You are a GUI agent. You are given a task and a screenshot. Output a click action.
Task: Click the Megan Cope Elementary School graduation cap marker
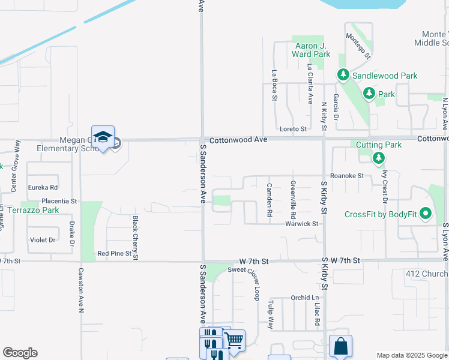tap(103, 137)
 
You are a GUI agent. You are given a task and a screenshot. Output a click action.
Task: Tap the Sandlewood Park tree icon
tap(343, 76)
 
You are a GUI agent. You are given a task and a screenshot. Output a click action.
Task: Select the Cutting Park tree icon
tap(378, 158)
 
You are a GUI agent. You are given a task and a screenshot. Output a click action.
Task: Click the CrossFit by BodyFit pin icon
tap(426, 214)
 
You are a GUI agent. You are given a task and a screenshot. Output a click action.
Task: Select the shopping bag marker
tap(340, 346)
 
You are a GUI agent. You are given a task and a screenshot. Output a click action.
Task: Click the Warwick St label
tap(301, 224)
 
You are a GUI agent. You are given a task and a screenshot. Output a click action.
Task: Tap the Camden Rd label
tap(270, 200)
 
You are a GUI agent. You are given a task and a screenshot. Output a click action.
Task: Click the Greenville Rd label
tap(293, 200)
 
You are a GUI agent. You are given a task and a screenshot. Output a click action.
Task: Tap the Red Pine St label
tap(114, 254)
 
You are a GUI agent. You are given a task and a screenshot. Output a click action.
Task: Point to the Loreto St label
tap(293, 129)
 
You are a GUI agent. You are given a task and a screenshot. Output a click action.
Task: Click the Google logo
tap(20, 353)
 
